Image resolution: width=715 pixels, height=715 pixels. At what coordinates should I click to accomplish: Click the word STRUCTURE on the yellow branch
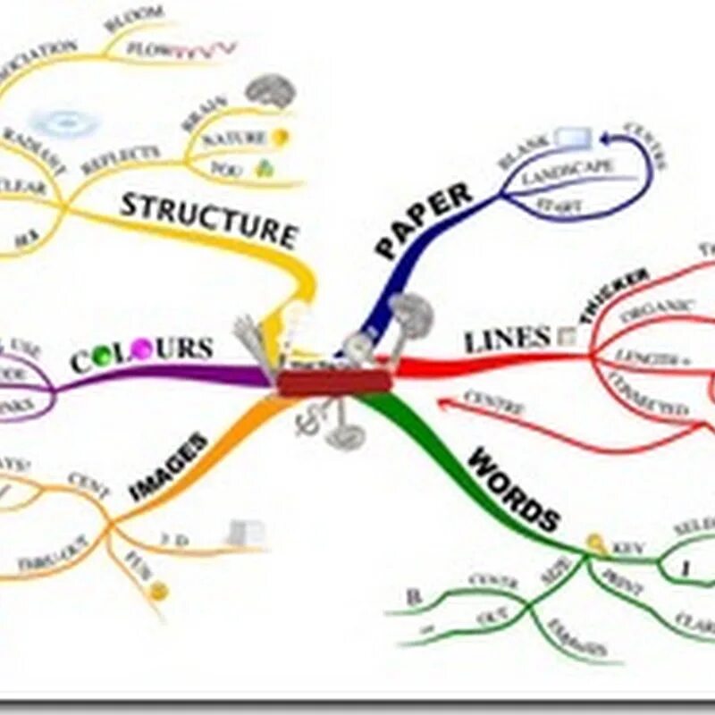[207, 218]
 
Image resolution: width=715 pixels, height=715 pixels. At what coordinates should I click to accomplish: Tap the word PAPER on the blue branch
[424, 220]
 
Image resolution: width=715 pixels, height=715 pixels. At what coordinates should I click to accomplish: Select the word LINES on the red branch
[506, 340]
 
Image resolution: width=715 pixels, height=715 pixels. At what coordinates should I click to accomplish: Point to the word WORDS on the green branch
[513, 491]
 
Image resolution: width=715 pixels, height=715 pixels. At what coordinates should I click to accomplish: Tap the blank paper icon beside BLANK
[572, 138]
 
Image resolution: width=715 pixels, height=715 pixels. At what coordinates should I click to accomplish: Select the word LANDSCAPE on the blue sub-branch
[568, 172]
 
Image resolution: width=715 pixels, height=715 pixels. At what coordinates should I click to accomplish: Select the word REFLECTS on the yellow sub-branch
[120, 161]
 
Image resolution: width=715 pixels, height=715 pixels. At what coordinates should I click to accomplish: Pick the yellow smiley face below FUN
[158, 591]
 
